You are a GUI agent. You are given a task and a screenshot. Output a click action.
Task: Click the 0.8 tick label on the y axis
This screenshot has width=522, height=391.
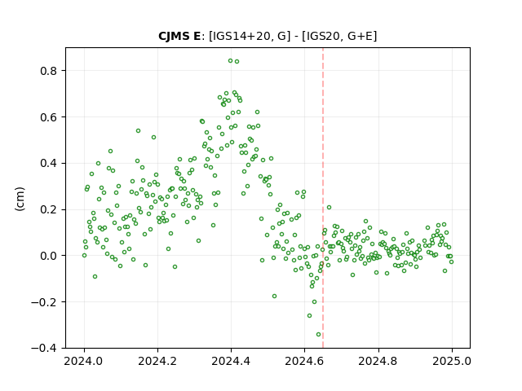(50, 71)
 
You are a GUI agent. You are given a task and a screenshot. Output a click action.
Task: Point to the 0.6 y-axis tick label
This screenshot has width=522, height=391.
(50, 117)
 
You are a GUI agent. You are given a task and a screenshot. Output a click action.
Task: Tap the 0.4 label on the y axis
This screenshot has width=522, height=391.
(50, 163)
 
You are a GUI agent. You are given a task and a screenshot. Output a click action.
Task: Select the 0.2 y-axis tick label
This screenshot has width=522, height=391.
(50, 210)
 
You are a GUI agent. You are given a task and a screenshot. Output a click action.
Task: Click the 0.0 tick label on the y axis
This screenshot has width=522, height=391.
(50, 256)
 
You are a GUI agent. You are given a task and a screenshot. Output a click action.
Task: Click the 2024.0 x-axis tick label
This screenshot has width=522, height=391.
(84, 361)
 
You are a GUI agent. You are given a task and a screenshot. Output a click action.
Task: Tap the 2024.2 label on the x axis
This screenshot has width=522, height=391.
(157, 361)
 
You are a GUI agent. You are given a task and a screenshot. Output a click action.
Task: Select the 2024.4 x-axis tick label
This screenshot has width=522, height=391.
(231, 361)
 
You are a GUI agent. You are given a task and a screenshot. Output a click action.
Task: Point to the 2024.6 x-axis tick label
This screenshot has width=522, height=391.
(304, 361)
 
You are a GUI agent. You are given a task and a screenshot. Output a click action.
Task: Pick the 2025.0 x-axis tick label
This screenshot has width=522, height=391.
(452, 361)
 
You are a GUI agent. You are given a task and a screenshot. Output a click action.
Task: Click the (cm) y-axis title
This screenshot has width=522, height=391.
(20, 199)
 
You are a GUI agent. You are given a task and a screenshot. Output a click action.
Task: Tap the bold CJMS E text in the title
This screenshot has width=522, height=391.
(179, 36)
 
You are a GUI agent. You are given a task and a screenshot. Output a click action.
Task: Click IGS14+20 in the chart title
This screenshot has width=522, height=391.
(241, 36)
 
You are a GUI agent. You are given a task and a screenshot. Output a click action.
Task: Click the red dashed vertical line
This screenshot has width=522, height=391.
(323, 198)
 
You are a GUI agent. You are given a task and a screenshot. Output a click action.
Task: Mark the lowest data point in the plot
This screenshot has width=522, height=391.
(318, 335)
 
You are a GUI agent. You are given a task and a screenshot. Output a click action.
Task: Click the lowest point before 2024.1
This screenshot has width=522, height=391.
(95, 277)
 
